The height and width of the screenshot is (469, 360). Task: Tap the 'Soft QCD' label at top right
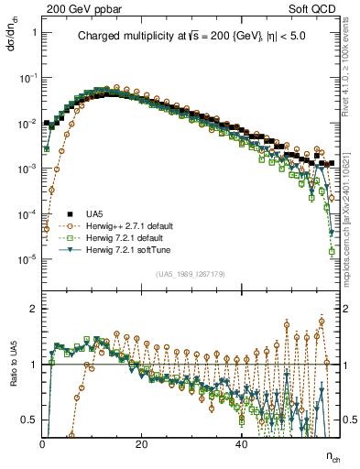316,7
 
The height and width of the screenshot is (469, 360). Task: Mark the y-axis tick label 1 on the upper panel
33,34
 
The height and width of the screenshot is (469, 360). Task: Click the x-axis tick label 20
141,443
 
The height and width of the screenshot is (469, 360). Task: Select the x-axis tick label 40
241,443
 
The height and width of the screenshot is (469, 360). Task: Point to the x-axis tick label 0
42,443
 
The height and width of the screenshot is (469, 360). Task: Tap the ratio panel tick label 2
34,309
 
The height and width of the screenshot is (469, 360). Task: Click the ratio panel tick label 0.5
29,420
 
